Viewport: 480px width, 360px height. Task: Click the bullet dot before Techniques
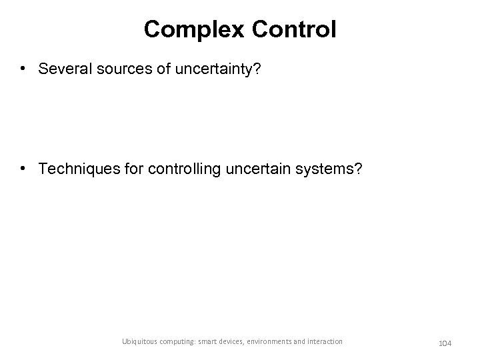click(24, 169)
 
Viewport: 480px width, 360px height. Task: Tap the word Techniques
click(77, 169)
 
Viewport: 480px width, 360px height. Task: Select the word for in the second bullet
click(130, 169)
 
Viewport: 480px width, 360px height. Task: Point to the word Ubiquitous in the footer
click(140, 341)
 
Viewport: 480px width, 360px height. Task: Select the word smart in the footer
click(215, 341)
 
